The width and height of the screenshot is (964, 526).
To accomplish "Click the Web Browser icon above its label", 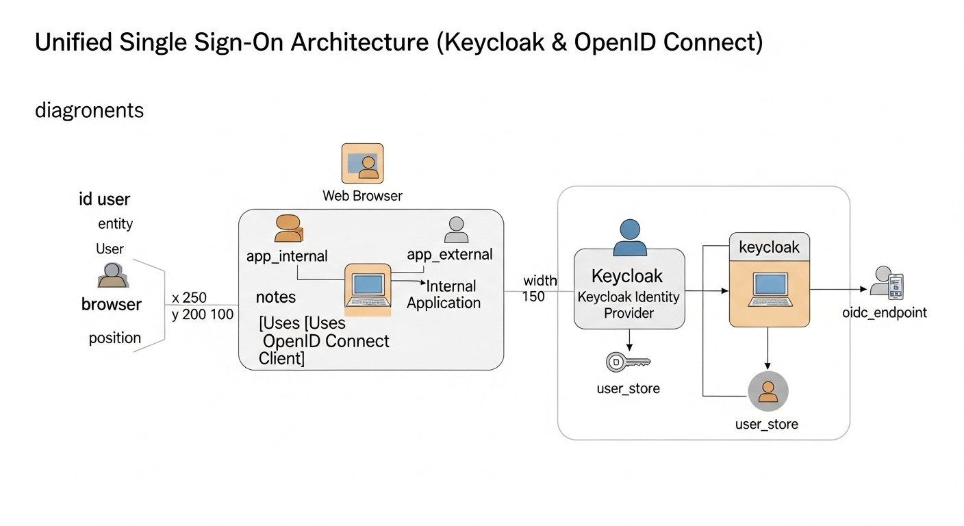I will pos(362,163).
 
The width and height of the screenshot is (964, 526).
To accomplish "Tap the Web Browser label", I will pos(362,196).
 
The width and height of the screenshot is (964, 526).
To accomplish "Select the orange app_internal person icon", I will pos(288,228).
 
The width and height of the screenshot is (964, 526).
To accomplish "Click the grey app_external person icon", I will pos(455,230).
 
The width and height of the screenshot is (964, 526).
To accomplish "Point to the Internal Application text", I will pos(444,295).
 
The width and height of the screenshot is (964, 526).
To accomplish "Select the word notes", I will pos(276,297).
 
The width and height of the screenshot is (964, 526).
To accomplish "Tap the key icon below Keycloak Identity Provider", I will pos(628,362).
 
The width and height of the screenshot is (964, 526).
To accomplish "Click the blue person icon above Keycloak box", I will pos(629,237).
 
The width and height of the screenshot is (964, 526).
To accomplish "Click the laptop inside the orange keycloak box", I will pos(770,290).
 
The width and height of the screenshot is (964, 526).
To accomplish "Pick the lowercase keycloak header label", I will pos(769,247).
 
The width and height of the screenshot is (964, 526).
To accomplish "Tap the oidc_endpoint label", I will pos(885,313).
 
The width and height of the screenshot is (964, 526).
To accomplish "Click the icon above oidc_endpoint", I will pos(887,283).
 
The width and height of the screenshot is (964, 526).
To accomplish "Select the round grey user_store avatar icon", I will pos(768,392).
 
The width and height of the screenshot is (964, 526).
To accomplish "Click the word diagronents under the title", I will pos(89,110).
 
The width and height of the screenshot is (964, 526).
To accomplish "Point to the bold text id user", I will pos(104,200).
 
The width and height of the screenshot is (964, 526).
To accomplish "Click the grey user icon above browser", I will pos(112,275).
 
